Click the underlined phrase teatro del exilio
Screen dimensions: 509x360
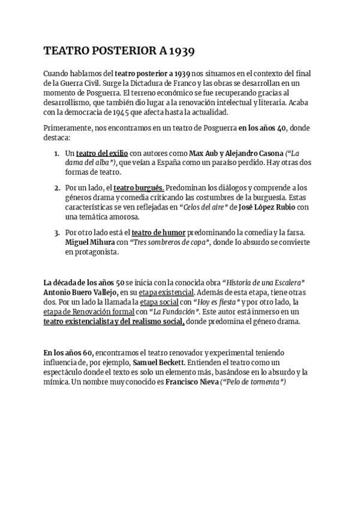point(102,153)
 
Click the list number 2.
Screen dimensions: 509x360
point(56,188)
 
